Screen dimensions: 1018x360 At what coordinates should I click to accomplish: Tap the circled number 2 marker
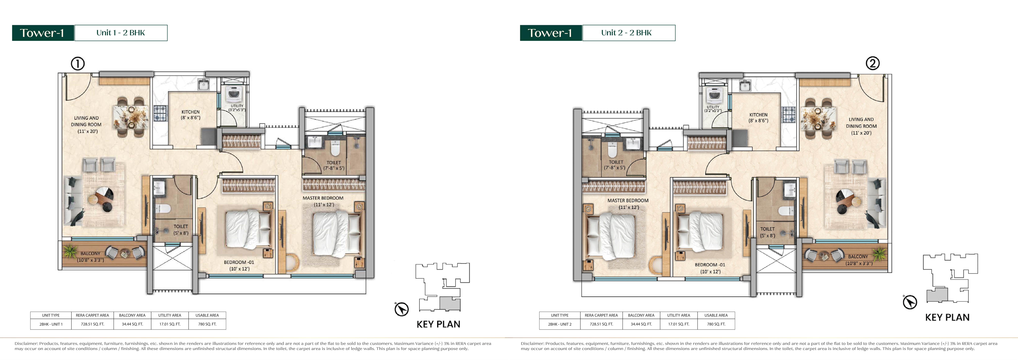coord(873,63)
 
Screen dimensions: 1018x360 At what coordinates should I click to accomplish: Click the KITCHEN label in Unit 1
coord(191,112)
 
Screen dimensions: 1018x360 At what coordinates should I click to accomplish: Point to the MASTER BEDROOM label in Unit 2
coord(628,201)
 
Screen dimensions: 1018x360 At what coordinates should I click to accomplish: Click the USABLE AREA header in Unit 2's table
coord(716,315)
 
